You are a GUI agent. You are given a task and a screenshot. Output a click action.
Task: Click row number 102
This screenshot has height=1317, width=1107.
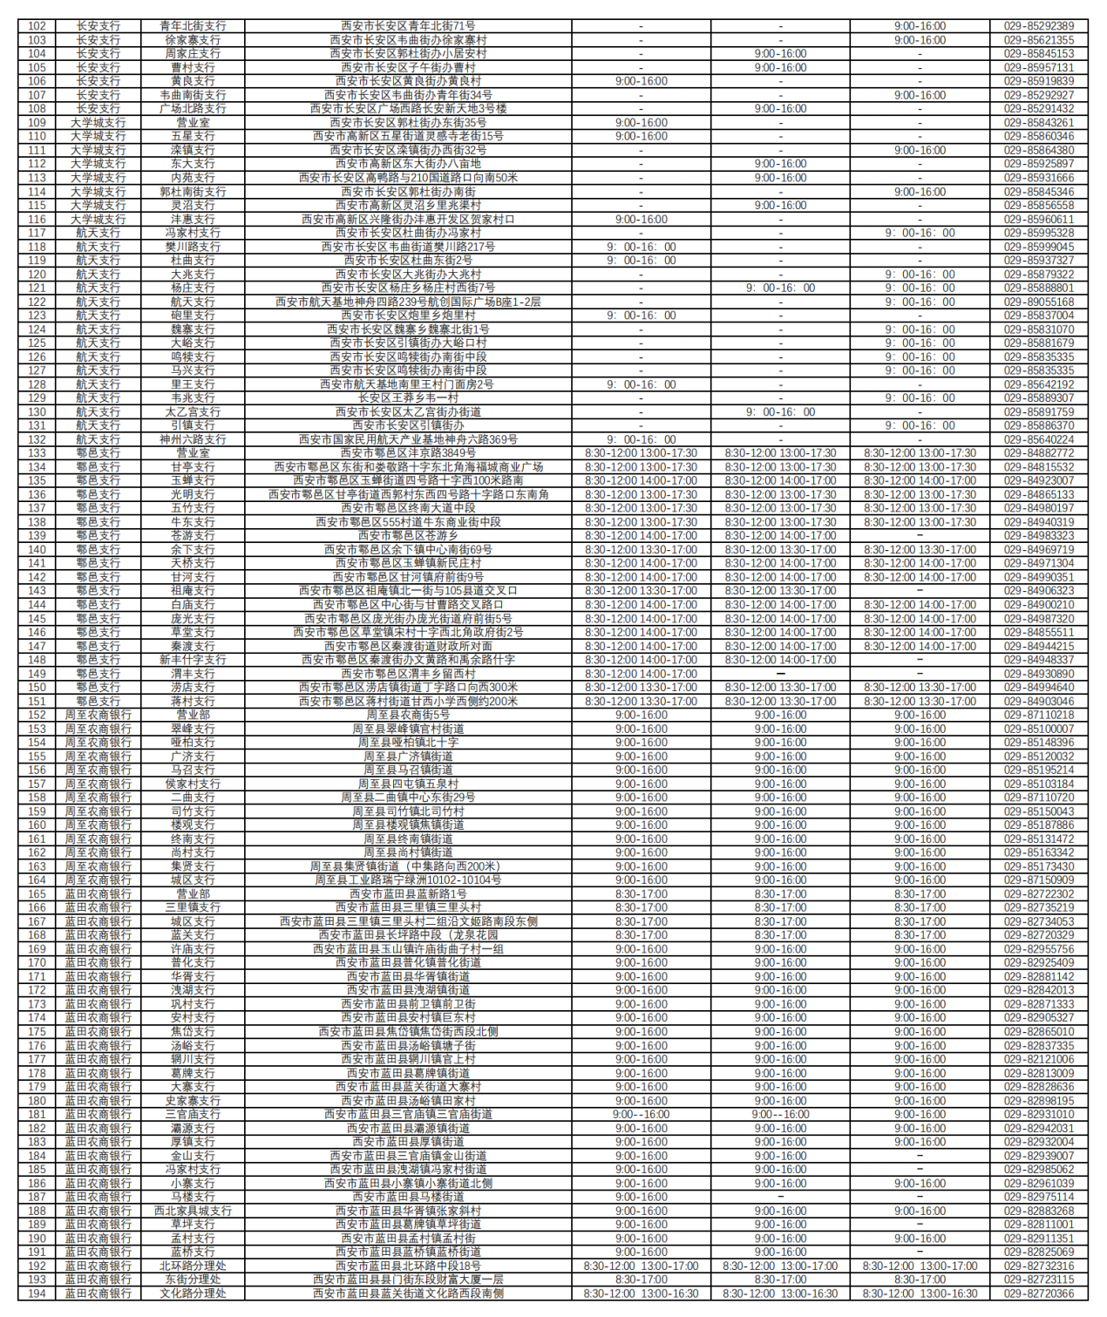click(37, 26)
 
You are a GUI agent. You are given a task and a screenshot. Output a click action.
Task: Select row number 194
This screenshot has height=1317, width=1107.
click(37, 1293)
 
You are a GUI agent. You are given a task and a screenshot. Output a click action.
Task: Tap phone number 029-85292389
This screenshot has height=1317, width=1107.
click(1038, 26)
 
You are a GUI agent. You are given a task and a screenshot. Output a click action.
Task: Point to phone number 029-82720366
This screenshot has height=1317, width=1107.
click(1038, 1293)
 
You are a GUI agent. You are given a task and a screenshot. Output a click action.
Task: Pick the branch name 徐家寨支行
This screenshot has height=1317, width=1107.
click(193, 40)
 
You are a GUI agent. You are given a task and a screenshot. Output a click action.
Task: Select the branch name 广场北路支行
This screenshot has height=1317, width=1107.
click(193, 109)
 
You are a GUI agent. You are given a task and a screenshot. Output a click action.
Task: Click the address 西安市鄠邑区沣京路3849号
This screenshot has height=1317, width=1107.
click(408, 453)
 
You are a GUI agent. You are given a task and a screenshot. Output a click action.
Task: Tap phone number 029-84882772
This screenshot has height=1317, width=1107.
click(1038, 453)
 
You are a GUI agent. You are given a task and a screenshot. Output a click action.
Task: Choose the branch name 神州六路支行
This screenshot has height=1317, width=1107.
click(193, 439)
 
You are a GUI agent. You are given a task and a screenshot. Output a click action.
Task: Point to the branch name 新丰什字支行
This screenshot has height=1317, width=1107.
click(193, 660)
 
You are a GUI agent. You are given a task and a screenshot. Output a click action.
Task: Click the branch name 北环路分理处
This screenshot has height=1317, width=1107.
click(193, 1266)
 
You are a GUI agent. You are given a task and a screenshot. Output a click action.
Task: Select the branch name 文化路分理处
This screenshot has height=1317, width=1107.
click(193, 1293)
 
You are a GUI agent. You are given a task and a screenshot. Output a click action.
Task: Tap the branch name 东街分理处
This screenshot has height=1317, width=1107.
click(193, 1280)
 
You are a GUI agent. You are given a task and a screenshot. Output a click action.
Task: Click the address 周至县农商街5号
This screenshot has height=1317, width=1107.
click(408, 715)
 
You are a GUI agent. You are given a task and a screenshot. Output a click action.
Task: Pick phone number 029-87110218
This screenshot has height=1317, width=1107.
click(1038, 715)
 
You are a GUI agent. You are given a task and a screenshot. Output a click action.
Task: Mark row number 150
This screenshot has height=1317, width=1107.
click(37, 688)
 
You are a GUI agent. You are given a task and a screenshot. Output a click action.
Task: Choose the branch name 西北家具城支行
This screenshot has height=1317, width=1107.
click(193, 1211)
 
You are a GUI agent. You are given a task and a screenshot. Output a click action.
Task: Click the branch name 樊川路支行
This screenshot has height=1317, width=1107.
click(193, 247)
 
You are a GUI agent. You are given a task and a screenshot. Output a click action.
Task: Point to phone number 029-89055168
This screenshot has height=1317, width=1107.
click(1038, 302)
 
